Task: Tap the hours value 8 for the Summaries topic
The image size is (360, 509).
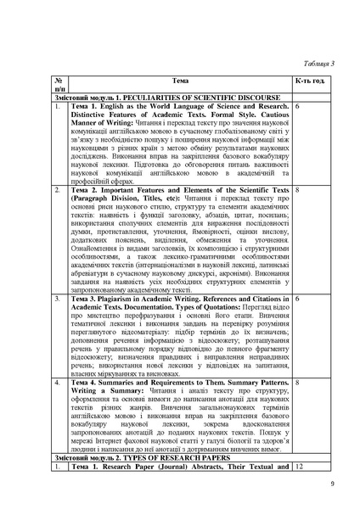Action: tap(300, 383)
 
